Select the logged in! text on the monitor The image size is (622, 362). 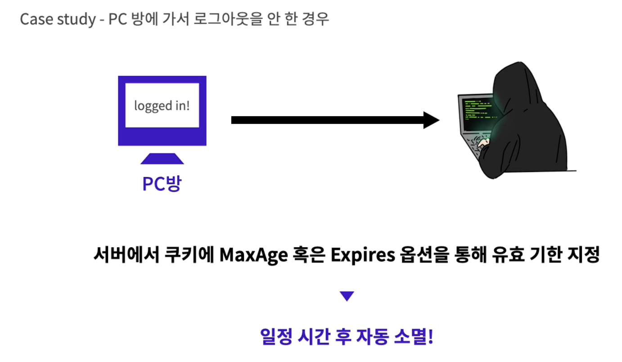[x=162, y=106]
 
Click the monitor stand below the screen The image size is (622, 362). [x=162, y=158]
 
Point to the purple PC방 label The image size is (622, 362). [x=162, y=183]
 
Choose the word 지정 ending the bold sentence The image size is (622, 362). [x=585, y=255]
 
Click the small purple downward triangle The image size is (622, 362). [x=347, y=296]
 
